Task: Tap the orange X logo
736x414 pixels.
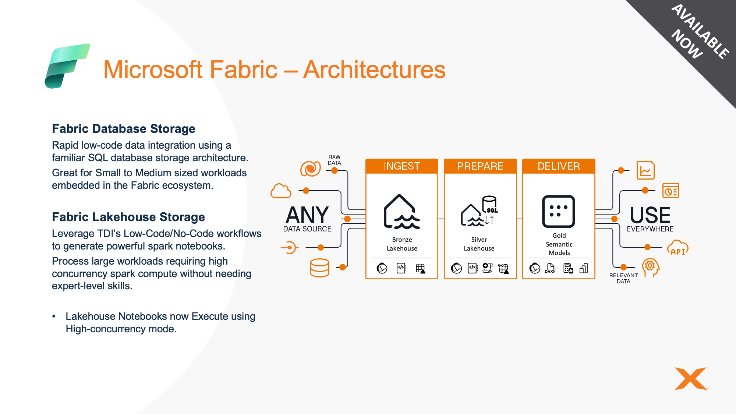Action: click(x=691, y=378)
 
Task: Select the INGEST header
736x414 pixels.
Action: click(x=401, y=166)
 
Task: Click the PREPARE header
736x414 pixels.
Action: click(x=480, y=166)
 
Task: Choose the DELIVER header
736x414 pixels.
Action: click(x=559, y=166)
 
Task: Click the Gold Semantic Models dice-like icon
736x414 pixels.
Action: click(x=558, y=211)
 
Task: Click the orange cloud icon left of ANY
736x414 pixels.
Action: click(x=281, y=191)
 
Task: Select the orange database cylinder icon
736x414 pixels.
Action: click(x=319, y=268)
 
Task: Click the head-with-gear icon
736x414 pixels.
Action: click(x=650, y=268)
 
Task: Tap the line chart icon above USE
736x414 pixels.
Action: click(x=645, y=170)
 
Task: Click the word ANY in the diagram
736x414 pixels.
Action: click(x=307, y=215)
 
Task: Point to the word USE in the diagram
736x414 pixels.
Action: click(x=650, y=215)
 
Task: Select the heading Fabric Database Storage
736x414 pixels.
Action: click(x=124, y=129)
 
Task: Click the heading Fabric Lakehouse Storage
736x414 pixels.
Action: click(x=128, y=217)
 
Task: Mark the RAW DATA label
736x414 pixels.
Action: click(x=335, y=160)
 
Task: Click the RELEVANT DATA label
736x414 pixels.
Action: click(x=623, y=278)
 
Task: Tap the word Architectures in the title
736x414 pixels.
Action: click(x=374, y=70)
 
